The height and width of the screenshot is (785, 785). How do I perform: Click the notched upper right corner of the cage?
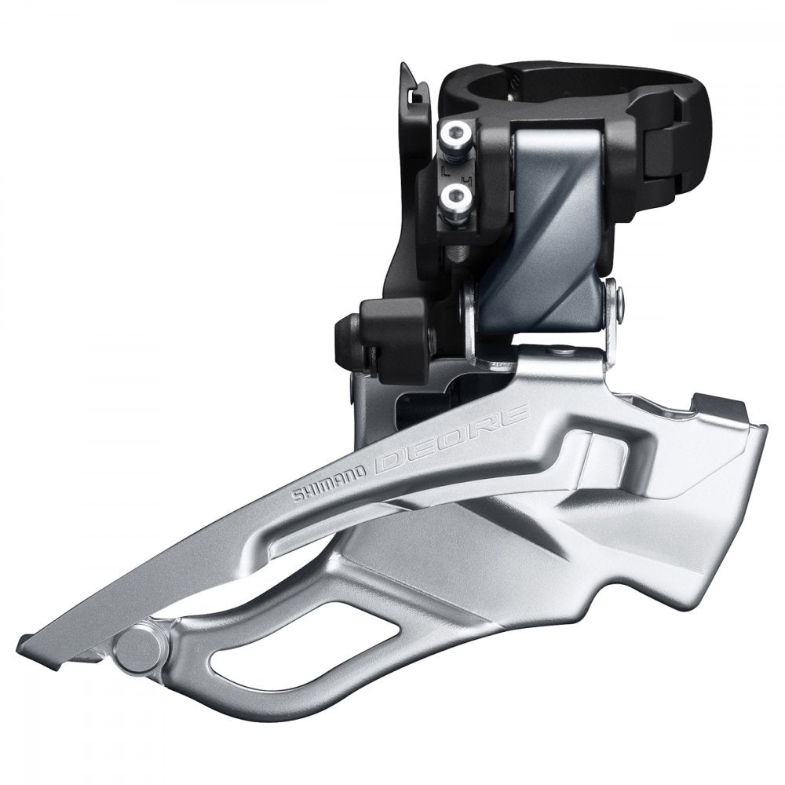pos(730,404)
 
